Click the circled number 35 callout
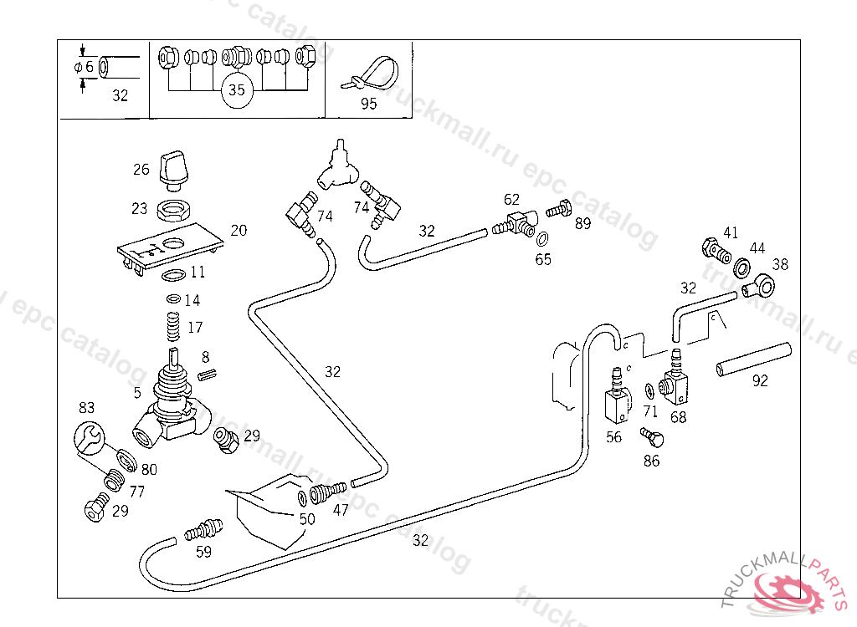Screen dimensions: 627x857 tap(237, 90)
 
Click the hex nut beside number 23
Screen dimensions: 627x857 tap(172, 207)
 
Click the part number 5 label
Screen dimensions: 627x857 tap(137, 390)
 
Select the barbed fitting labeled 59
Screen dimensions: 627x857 tap(202, 529)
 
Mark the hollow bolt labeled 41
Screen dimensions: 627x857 tap(711, 247)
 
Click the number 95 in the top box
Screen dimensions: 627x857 tap(368, 104)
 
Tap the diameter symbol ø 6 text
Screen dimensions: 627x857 tap(85, 66)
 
